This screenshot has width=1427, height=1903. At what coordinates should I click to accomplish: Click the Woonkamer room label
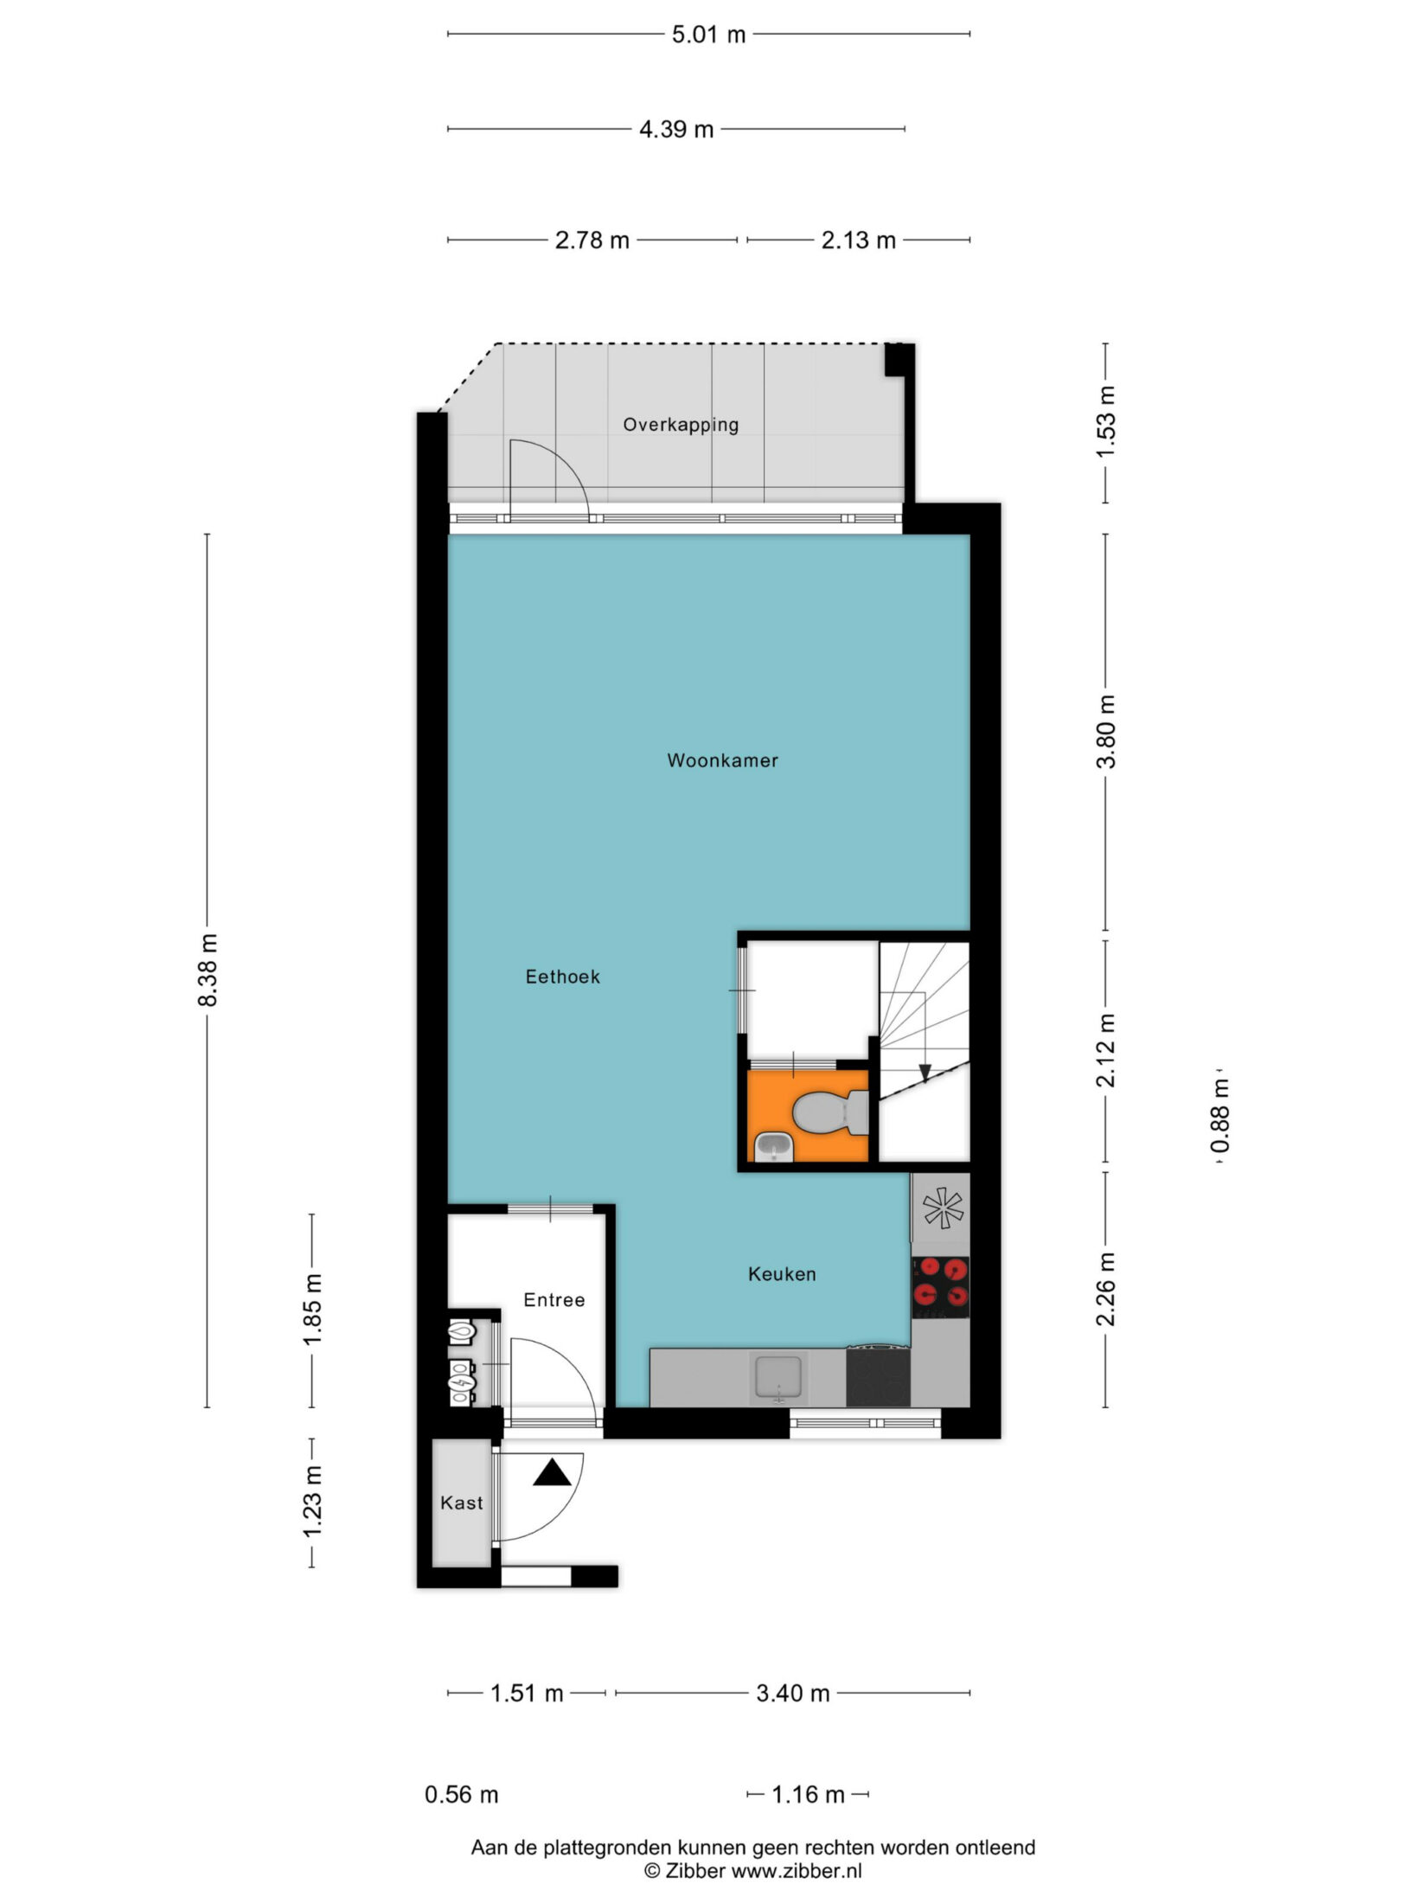coord(722,760)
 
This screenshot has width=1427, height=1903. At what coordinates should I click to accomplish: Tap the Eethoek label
coord(562,977)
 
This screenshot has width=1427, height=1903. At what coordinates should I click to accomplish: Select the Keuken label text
coord(782,1274)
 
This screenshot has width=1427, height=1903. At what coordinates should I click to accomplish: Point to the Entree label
coord(554,1300)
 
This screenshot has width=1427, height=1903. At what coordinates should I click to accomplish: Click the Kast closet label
coord(462,1503)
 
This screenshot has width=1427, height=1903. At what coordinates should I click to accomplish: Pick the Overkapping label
coord(682,425)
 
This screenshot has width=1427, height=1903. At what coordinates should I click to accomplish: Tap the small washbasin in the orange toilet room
coord(775,1147)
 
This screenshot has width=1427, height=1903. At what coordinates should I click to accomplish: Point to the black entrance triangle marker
coord(552,1472)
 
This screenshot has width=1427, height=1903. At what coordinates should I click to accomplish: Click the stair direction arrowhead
coord(925,1073)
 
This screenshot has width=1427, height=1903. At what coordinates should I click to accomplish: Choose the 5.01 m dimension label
coord(708,35)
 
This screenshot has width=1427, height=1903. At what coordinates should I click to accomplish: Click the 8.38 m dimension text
coord(208,970)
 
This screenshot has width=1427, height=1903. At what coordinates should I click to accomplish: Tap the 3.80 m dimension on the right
coord(1106,731)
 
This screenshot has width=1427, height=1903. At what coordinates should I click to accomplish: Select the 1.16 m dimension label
coord(808,1794)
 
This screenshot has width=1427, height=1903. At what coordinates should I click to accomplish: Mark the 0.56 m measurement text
coord(462,1794)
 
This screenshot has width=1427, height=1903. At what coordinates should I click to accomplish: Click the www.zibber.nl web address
coord(797,1871)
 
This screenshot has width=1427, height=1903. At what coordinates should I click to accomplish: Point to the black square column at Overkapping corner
coord(899,360)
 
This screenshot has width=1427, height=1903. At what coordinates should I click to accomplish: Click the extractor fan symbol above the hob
coord(941,1209)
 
